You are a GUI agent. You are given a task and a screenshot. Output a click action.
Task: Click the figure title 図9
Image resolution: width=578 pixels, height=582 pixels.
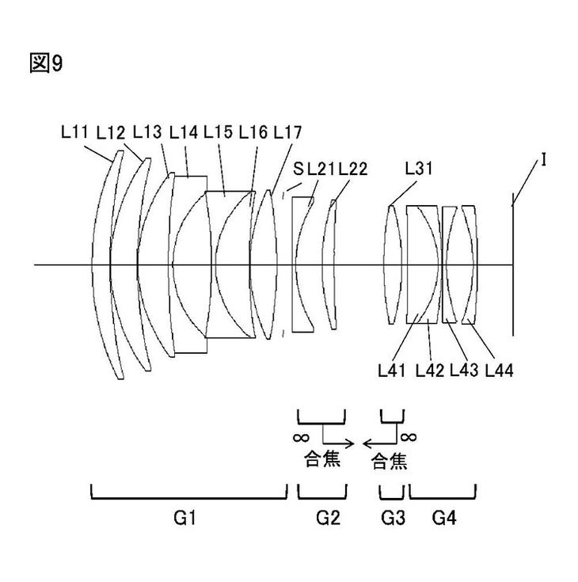tap(46, 63)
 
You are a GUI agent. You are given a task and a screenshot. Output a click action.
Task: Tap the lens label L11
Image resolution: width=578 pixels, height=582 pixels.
tap(74, 131)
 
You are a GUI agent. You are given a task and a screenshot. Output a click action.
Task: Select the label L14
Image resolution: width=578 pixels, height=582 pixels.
tap(184, 132)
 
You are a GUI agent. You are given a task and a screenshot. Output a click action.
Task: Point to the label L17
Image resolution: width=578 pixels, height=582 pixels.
tap(287, 132)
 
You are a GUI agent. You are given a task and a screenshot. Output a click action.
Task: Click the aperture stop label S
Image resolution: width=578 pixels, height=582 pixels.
tap(298, 169)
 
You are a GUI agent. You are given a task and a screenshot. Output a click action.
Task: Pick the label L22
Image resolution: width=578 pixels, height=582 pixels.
tap(352, 169)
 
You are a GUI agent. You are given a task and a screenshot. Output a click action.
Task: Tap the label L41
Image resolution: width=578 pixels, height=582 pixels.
tap(392, 370)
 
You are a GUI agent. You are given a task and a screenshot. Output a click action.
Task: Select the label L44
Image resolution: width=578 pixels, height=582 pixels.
tap(500, 370)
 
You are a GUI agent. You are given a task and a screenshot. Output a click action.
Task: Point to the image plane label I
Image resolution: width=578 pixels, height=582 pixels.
tap(543, 160)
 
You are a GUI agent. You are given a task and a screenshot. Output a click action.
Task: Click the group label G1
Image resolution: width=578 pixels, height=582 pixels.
tap(184, 517)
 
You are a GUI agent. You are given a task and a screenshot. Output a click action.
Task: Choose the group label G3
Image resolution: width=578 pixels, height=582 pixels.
tap(394, 517)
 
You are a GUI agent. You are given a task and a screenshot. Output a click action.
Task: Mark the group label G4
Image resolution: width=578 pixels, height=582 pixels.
tap(444, 517)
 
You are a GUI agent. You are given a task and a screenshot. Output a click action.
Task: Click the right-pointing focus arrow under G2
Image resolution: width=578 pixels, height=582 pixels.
tap(338, 443)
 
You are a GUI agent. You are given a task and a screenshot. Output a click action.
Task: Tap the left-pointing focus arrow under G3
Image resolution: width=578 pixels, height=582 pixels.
tap(378, 443)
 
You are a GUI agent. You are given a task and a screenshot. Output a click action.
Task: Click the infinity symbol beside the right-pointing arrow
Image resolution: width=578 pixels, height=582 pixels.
tap(301, 438)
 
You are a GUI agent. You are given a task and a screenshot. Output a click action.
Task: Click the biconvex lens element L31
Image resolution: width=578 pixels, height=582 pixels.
tap(393, 265)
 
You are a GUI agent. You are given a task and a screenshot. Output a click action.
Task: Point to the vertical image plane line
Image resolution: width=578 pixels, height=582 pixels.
tap(513, 264)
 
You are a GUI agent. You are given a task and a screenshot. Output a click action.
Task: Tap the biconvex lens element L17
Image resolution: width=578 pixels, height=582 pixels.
tap(264, 264)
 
